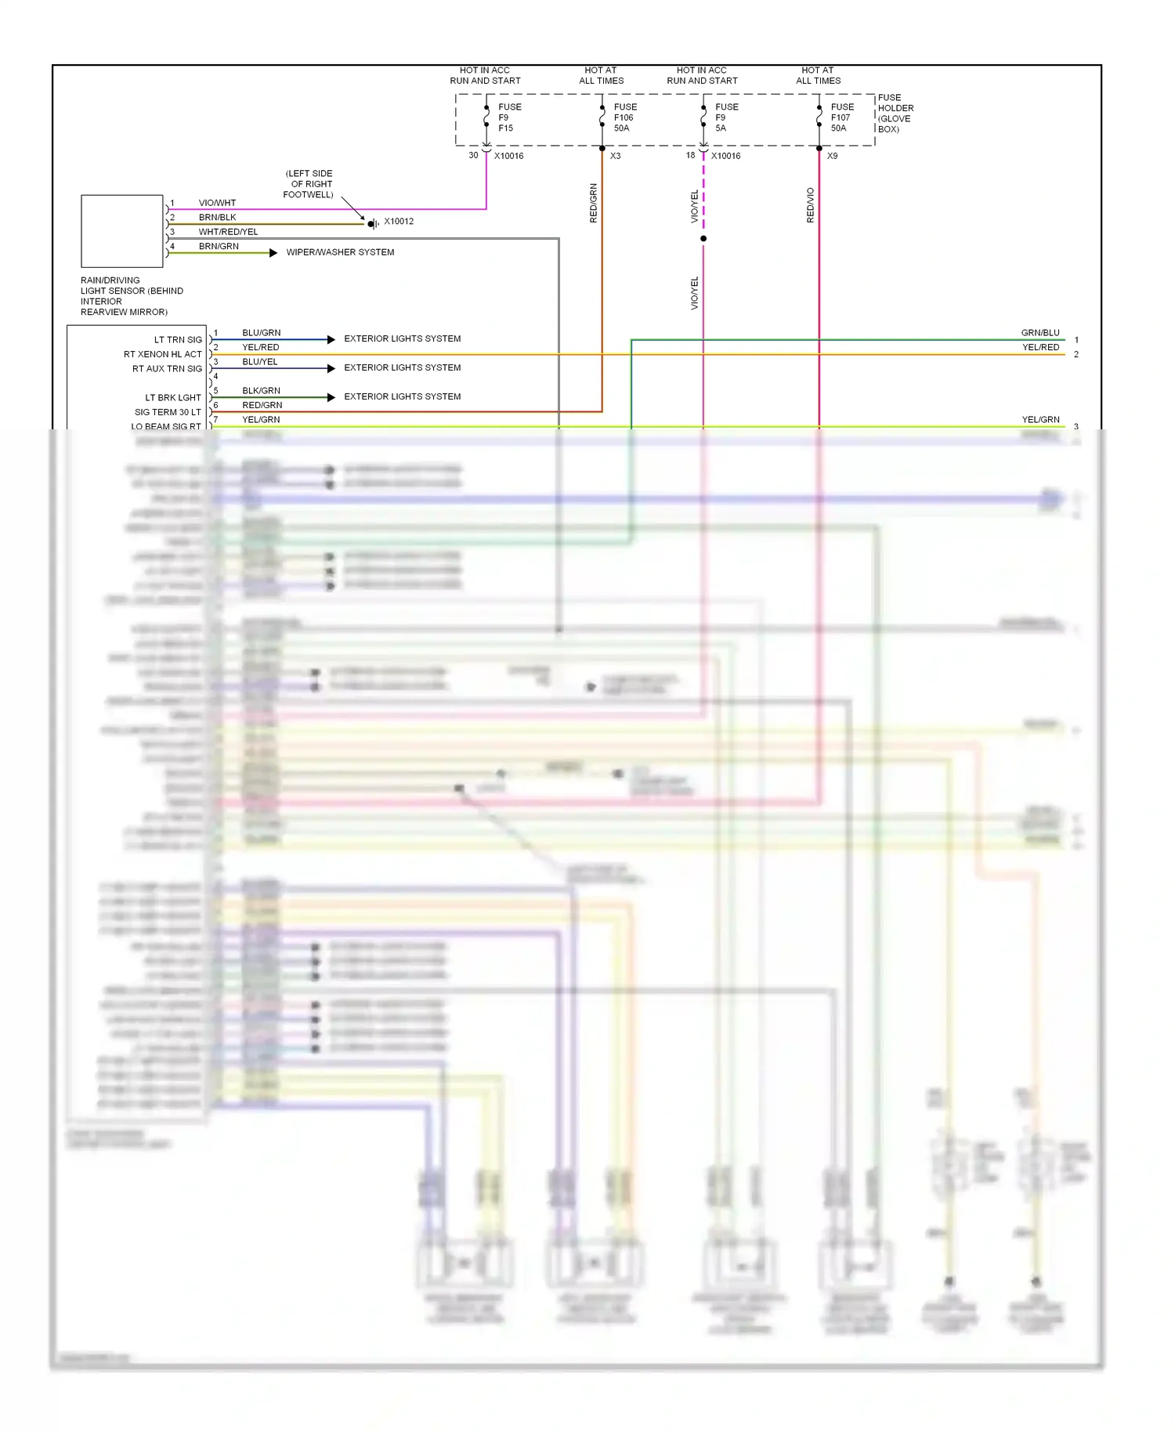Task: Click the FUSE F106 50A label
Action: tap(625, 118)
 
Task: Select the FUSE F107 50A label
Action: tap(842, 118)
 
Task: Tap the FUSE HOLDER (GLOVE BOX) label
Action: tap(895, 114)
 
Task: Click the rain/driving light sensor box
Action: tap(122, 231)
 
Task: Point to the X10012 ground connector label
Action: tap(399, 222)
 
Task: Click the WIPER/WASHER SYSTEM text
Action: tap(340, 252)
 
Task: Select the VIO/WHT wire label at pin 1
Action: tap(217, 203)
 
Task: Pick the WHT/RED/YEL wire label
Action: tap(228, 232)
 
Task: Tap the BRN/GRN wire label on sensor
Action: tap(219, 246)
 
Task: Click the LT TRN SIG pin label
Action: tap(178, 340)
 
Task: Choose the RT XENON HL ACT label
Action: tap(162, 354)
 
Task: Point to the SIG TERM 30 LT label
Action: tap(168, 412)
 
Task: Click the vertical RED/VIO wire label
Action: tap(811, 205)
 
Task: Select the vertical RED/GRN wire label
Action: tap(594, 204)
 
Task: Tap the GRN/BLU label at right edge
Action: tap(1040, 333)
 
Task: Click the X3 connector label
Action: tap(616, 156)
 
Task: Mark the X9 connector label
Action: tap(833, 156)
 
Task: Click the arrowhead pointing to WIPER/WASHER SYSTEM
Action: tap(273, 253)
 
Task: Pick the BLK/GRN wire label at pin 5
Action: tap(261, 391)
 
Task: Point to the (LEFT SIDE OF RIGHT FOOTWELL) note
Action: tap(309, 184)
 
